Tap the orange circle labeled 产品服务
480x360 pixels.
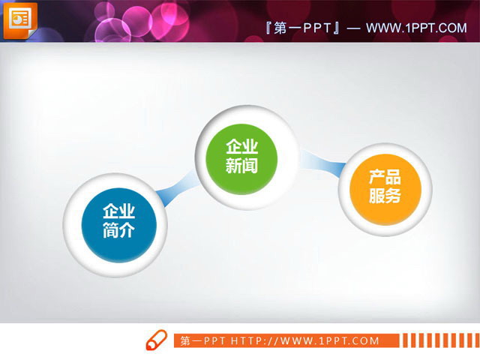(x=385, y=187)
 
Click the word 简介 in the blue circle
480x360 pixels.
(x=118, y=230)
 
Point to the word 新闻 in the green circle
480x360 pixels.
(x=241, y=166)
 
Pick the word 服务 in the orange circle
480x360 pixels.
(x=385, y=196)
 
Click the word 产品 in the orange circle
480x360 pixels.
(x=385, y=178)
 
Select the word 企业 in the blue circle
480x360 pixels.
(x=118, y=211)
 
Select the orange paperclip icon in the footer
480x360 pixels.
(x=155, y=340)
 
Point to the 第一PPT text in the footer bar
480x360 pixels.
(x=203, y=341)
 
